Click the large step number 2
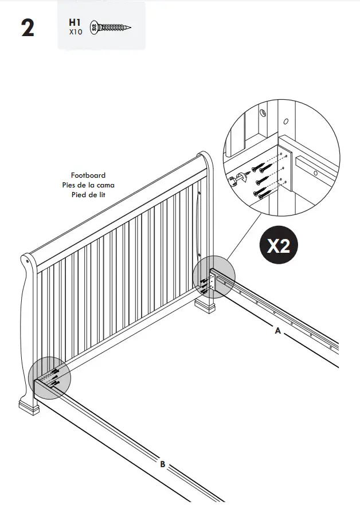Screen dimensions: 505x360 point(28,28)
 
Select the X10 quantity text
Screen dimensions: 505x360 point(76,33)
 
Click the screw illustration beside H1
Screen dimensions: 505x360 point(112,27)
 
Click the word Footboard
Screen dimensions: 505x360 point(88,175)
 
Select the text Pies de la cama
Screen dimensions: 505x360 point(88,185)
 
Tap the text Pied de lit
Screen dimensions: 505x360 point(88,194)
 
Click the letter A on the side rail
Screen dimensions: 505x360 point(277,331)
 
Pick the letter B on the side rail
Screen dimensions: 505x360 point(162,465)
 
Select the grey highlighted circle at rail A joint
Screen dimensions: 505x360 point(214,276)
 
